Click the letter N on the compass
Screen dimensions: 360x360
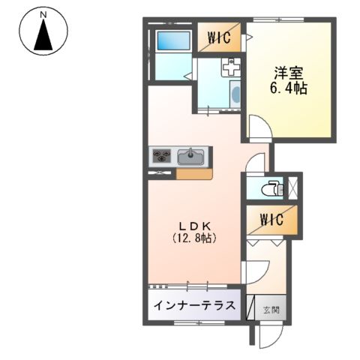[x=44, y=15]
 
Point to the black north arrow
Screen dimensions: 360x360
[x=44, y=36]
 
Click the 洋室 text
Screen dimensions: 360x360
[x=289, y=73]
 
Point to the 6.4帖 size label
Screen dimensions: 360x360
[x=289, y=88]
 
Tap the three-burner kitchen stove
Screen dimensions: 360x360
[x=162, y=157]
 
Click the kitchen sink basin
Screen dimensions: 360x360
[x=191, y=157]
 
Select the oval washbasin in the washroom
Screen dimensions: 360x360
[x=235, y=95]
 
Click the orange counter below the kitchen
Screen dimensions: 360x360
[x=193, y=173]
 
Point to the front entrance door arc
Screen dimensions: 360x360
[x=265, y=337]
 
